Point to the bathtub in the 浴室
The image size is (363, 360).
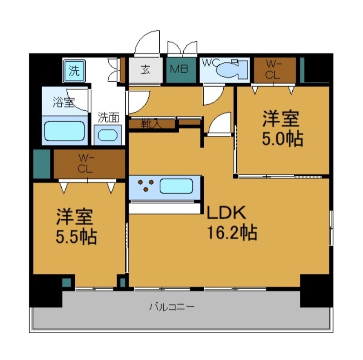[x=65, y=130]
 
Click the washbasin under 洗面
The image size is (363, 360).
[x=108, y=135]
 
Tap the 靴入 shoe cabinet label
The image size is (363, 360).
[x=151, y=124]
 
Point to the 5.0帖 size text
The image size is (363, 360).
[x=282, y=139]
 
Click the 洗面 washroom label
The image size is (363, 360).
[x=109, y=118]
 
